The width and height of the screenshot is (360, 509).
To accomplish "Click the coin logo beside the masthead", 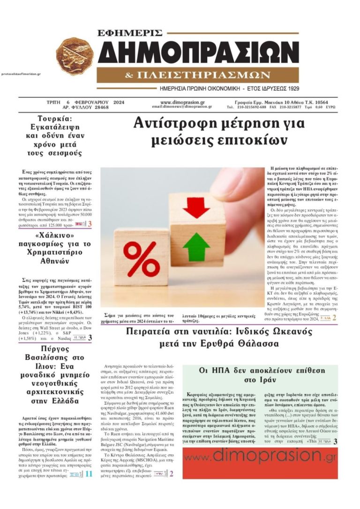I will pos(75,56).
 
